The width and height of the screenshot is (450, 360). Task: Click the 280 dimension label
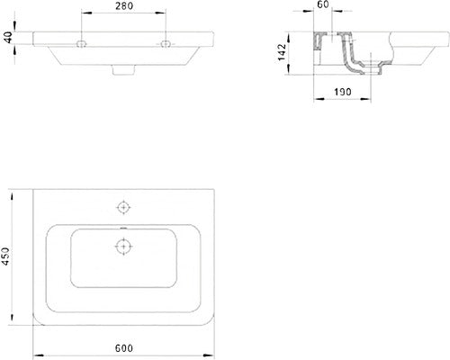124,5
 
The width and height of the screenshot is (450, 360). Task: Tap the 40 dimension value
7,38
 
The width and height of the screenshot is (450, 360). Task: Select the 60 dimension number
323,4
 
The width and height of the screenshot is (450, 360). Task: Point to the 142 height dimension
282,52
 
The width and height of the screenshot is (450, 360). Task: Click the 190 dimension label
343,92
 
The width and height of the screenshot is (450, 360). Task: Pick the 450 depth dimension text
5,256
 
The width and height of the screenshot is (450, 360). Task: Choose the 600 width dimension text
124,348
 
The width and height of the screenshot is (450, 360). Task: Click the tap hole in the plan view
123,207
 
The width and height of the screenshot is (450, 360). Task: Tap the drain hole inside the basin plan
123,247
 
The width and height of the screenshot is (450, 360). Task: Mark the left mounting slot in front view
81,44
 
